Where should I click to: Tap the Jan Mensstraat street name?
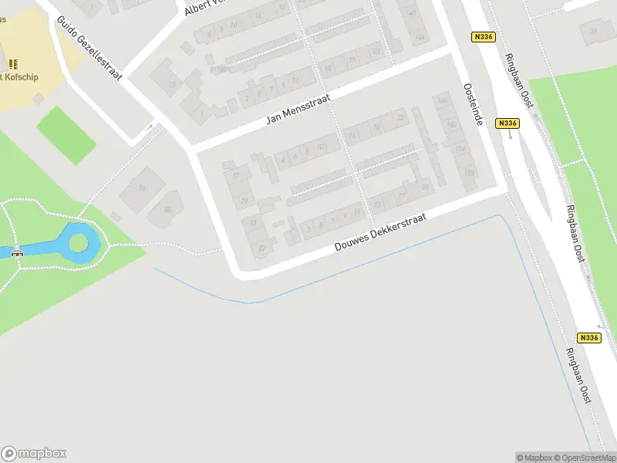tap(298, 108)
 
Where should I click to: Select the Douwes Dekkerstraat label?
tap(381, 231)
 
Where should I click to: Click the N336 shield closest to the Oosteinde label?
tap(507, 123)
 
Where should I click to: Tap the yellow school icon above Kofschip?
tap(12, 64)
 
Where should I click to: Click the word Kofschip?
tap(22, 77)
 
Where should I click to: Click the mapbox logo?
tap(33, 454)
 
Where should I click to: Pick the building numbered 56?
tap(142, 188)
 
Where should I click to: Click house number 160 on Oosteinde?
tap(452, 125)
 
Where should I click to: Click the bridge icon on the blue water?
tap(17, 252)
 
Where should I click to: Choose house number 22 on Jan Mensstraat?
tap(400, 117)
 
